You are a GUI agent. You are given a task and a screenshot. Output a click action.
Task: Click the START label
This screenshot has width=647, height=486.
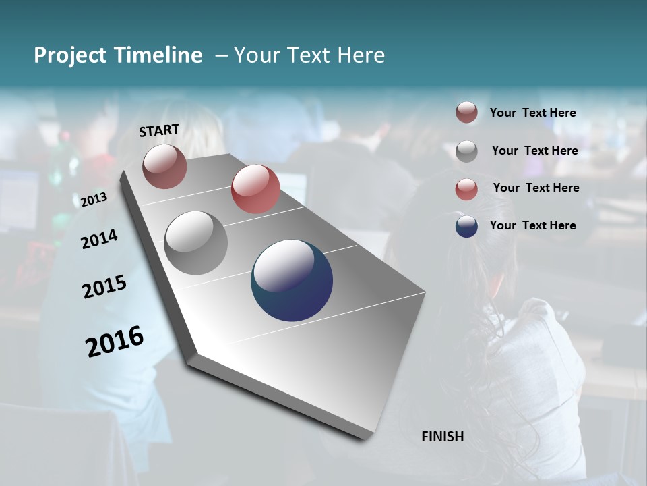pos(159,130)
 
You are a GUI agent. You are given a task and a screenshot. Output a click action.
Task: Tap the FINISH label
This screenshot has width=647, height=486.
pos(442,437)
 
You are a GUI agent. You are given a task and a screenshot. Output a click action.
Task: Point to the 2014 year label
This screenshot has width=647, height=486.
pos(99,239)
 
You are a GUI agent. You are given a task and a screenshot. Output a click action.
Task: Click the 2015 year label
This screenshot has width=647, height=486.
pos(104,287)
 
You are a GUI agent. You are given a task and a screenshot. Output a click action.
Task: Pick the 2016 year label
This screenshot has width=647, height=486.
pos(115,342)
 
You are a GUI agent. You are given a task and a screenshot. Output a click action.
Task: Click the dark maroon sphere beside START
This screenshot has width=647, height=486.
pos(164,166)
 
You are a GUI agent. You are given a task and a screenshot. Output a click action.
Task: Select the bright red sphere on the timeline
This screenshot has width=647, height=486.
pos(255,189)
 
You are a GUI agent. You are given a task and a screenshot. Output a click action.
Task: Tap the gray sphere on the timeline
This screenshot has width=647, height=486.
pos(196,243)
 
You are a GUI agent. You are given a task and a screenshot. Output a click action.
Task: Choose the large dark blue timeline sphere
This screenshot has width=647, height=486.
pos(292,280)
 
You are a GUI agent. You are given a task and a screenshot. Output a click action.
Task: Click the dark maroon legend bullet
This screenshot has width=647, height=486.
pos(466,113)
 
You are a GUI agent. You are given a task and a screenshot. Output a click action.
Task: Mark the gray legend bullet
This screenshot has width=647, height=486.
pos(466,151)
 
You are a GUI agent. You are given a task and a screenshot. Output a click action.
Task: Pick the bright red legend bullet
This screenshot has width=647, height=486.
pos(466,189)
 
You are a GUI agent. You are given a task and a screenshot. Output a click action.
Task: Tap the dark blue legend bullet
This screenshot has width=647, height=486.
pos(466,226)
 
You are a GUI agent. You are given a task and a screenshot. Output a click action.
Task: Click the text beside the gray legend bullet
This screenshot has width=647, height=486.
pos(534,151)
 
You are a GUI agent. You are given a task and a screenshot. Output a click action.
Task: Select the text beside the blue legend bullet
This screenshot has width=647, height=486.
pos(532,225)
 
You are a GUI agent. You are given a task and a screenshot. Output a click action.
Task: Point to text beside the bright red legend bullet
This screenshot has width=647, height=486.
pos(536,188)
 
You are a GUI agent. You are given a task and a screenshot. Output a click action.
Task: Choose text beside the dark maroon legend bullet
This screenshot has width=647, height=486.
pos(532,113)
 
